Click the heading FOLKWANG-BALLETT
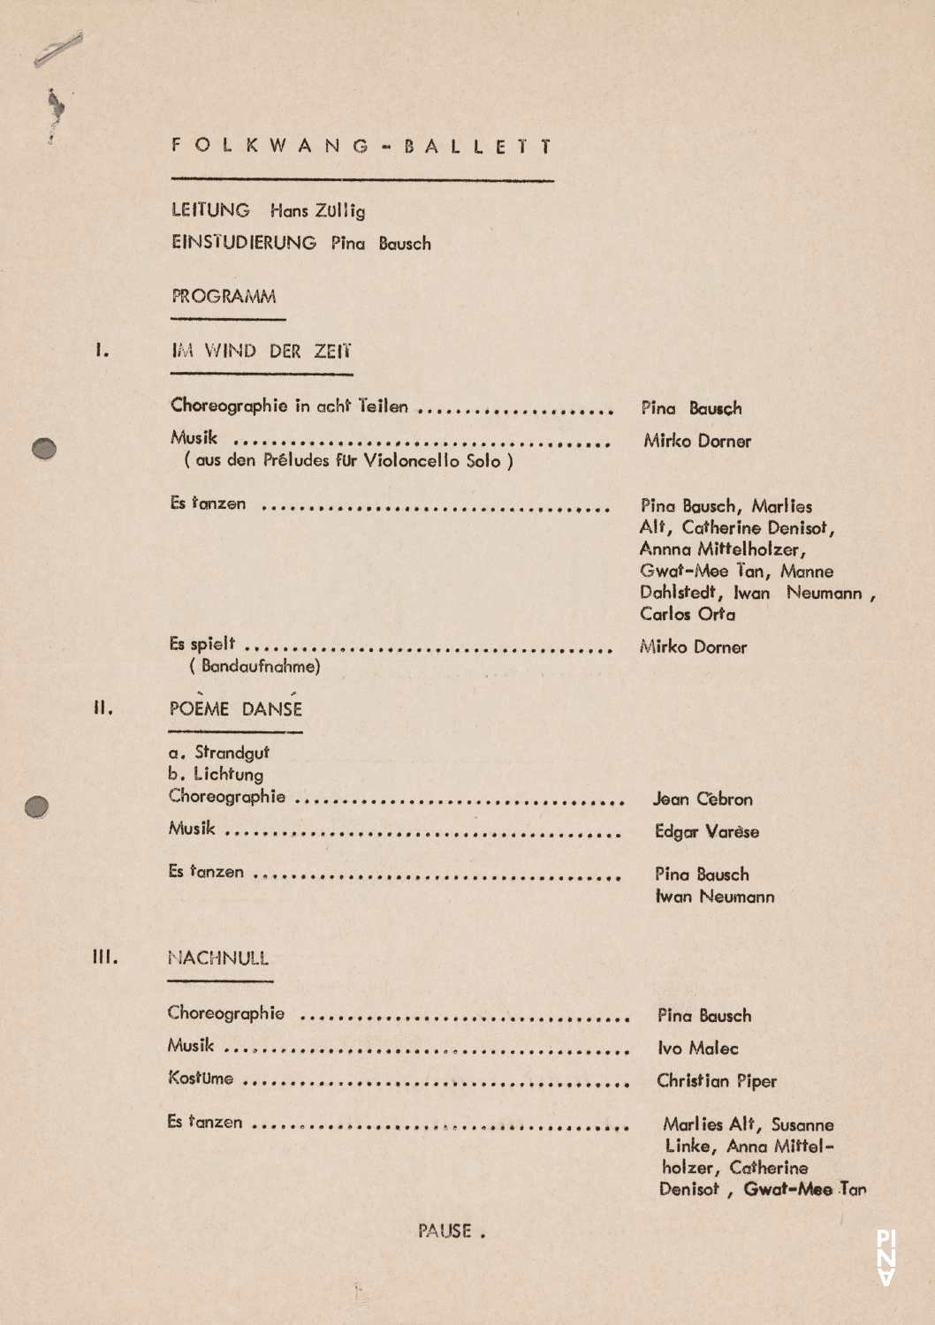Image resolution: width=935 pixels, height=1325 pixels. tap(362, 146)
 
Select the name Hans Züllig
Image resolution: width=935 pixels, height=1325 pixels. tap(317, 211)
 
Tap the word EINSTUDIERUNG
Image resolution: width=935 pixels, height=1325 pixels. tap(244, 243)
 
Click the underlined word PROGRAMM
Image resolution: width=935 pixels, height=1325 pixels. tap(224, 297)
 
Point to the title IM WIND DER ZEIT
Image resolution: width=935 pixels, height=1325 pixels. tap(261, 352)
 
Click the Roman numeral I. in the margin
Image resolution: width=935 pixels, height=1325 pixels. tap(103, 351)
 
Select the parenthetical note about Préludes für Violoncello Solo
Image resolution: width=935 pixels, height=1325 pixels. tap(348, 460)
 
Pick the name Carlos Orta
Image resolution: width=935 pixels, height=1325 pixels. tap(688, 614)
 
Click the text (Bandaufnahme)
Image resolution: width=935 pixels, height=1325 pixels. tap(255, 666)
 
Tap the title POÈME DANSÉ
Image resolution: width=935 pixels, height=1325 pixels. tap(235, 708)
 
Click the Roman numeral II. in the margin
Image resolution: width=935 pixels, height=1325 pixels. tap(103, 708)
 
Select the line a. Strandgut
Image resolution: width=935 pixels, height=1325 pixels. tap(218, 753)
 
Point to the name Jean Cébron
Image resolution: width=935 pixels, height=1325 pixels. tap(703, 799)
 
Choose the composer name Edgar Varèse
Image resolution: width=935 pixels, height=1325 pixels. tap(706, 832)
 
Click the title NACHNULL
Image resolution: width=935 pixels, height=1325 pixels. tap(218, 958)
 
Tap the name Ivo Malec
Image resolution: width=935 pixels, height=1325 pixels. tap(697, 1049)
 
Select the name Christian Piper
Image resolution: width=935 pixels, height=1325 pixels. tap(716, 1081)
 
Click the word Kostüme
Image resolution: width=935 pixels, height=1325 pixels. tap(201, 1079)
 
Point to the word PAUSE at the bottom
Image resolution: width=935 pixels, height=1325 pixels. tap(446, 1230)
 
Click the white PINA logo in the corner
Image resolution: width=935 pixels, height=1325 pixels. tap(886, 1257)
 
